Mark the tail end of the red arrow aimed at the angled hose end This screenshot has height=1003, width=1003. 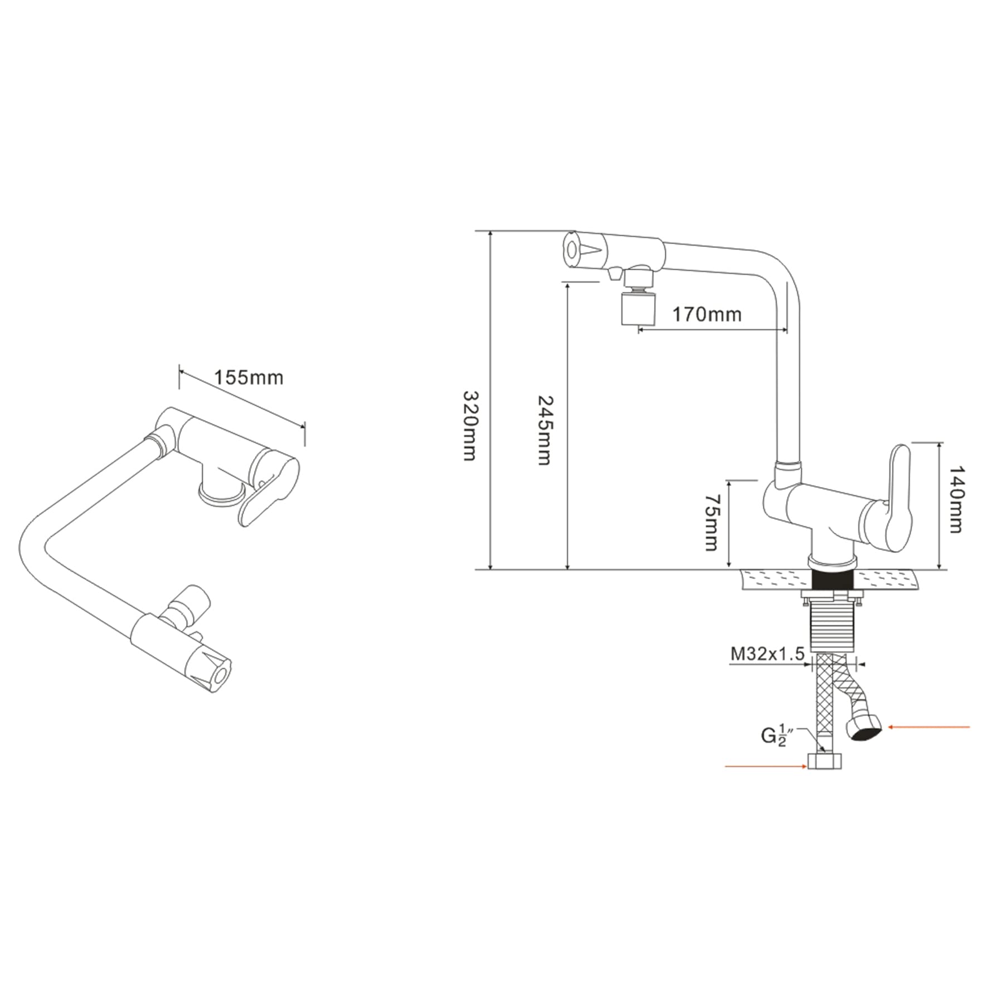(x=970, y=727)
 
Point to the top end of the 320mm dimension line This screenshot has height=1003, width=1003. (x=491, y=231)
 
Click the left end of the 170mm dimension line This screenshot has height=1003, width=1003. (x=638, y=329)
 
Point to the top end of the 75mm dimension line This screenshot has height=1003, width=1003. (x=729, y=479)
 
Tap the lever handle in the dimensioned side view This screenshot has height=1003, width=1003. (x=895, y=498)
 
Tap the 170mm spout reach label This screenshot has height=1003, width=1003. (x=707, y=314)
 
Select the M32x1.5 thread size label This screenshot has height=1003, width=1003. (x=767, y=654)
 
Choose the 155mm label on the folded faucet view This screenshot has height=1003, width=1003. (x=249, y=377)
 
